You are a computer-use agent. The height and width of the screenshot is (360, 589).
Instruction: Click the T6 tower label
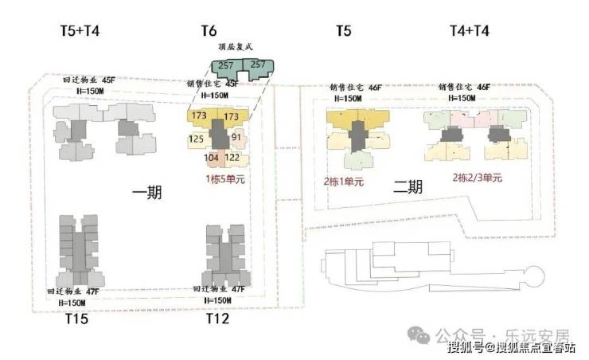click(x=209, y=32)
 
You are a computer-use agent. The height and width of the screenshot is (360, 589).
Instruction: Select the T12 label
click(x=217, y=319)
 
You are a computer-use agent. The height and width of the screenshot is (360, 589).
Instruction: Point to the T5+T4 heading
click(x=80, y=32)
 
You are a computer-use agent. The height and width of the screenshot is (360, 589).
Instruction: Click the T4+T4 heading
click(x=470, y=32)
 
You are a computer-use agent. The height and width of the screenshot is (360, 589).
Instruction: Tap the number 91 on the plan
click(x=236, y=137)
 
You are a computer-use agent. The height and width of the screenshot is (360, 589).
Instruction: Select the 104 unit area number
click(x=212, y=158)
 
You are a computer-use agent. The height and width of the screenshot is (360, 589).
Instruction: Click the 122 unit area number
click(x=233, y=158)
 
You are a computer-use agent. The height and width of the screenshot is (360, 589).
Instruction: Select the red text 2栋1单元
click(x=344, y=182)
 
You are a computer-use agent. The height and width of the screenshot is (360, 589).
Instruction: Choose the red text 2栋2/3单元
click(x=478, y=178)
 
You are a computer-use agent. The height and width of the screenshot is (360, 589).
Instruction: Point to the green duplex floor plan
click(x=241, y=68)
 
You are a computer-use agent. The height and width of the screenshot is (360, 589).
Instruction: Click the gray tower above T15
click(x=78, y=248)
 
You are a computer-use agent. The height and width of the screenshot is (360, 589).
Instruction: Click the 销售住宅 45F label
click(x=213, y=83)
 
